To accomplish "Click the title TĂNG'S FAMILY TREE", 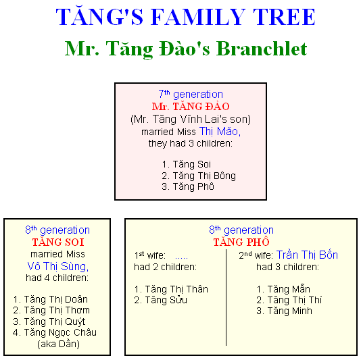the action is [x=185, y=17].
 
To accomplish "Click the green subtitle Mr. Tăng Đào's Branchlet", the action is [x=186, y=49].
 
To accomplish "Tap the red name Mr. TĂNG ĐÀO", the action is [x=191, y=106].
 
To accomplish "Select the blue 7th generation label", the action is [x=191, y=95].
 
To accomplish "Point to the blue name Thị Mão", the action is [x=220, y=131].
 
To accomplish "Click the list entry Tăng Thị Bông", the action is [x=199, y=176].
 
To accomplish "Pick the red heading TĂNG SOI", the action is [x=58, y=242].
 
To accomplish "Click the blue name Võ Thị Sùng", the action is [x=57, y=266].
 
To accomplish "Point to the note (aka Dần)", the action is [x=59, y=344].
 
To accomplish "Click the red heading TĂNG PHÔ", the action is [x=241, y=242].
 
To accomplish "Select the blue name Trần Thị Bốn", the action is [x=307, y=255].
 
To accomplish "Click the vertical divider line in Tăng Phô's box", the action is [x=226, y=297].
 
